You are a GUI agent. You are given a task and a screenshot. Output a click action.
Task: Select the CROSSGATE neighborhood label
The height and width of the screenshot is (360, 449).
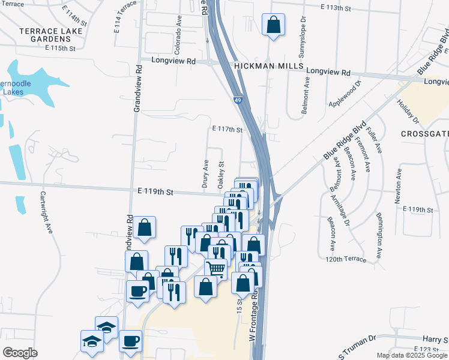click(x=424, y=134)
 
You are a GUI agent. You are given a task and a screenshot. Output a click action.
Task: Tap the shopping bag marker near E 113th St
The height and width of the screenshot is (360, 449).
click(x=273, y=25)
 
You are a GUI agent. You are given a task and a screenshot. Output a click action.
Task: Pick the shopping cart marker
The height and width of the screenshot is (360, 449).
click(x=216, y=269)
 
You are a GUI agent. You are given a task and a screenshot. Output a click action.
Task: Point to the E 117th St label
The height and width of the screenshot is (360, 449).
click(x=227, y=129)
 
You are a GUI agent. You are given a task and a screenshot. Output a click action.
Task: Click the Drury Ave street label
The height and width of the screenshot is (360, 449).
click(x=205, y=172)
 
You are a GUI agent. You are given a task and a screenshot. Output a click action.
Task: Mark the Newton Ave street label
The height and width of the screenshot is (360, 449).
click(x=397, y=185)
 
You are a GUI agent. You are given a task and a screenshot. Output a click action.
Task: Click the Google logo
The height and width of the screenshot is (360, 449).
click(x=20, y=353)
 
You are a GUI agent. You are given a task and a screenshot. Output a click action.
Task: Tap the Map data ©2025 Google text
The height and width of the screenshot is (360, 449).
click(x=411, y=355)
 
